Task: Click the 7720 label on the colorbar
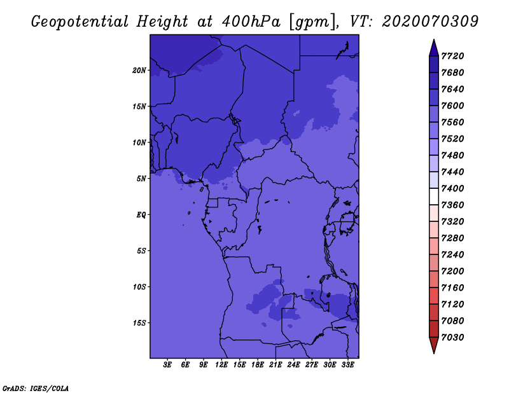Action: (x=452, y=56)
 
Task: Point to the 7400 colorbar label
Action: (x=452, y=188)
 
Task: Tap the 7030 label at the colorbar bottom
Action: (x=452, y=338)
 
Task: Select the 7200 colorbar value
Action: (x=452, y=272)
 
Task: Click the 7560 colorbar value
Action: (x=452, y=122)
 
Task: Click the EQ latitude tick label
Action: (x=141, y=215)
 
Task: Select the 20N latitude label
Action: (x=139, y=71)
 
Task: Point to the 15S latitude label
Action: (x=139, y=323)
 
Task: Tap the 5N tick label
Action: (x=141, y=179)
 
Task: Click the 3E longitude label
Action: (x=167, y=365)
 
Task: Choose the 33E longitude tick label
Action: (x=347, y=365)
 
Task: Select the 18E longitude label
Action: (x=258, y=365)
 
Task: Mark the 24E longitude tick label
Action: (x=293, y=365)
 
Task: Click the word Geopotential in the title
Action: (x=80, y=22)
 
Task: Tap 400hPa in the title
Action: (x=251, y=22)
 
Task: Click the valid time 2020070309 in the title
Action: (x=430, y=22)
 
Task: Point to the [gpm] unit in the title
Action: (x=312, y=22)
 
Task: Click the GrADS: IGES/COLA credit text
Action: (x=36, y=389)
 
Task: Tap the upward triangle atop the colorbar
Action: (x=434, y=48)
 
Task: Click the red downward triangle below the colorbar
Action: (x=434, y=345)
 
